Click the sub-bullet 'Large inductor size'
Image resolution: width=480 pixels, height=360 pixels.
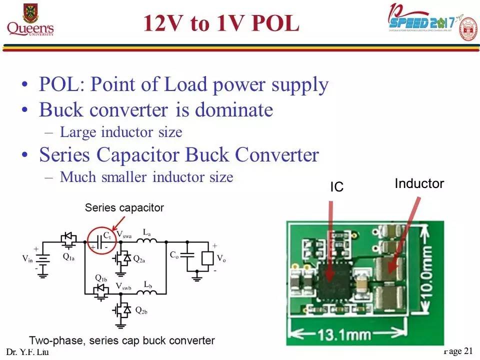click(x=120, y=132)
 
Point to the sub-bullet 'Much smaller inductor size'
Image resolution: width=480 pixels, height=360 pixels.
click(x=146, y=177)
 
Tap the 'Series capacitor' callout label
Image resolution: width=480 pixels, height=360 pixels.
click(x=124, y=207)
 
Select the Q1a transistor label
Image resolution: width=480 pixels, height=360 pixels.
click(x=69, y=256)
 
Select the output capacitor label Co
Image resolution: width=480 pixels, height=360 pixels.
click(x=174, y=255)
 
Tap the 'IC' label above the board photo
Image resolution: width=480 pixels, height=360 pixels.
click(x=337, y=187)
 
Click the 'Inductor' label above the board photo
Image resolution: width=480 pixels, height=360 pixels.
click(x=419, y=184)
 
